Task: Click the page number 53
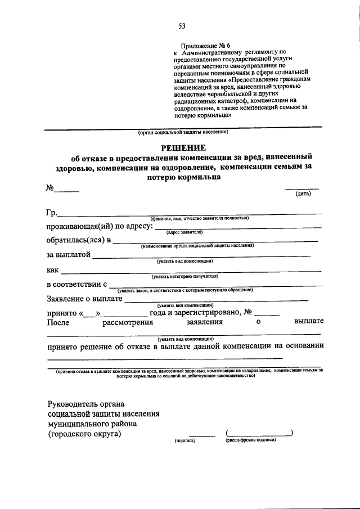coord(182,25)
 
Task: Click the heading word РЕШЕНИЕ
coord(183,147)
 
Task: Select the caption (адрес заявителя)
coord(184,232)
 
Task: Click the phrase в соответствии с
coord(76,285)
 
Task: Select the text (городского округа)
coord(84,434)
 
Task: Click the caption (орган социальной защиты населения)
coord(183,133)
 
